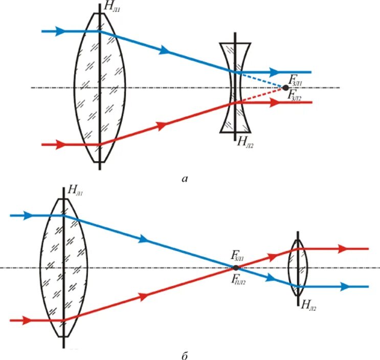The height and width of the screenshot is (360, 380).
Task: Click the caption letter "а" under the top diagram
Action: coord(185,178)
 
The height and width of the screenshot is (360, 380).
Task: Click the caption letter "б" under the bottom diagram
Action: coord(184,354)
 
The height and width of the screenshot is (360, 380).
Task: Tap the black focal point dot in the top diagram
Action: coord(285,88)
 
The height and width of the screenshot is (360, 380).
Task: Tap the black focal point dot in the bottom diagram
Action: coord(236,267)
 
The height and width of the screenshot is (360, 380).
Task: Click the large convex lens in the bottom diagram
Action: coord(63,267)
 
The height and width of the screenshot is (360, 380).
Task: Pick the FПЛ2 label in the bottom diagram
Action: coord(240,279)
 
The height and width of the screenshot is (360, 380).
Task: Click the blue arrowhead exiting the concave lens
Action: coord(276,72)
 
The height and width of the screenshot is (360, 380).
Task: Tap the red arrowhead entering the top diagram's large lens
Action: coord(61,144)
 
